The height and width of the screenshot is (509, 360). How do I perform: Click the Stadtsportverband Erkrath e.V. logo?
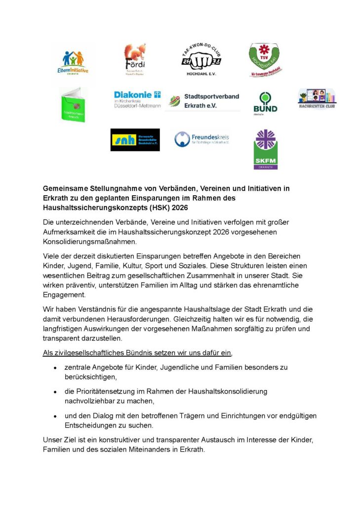click(x=202, y=100)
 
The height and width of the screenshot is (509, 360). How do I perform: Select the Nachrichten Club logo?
click(x=317, y=99)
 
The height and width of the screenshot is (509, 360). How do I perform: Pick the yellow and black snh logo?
click(x=135, y=140)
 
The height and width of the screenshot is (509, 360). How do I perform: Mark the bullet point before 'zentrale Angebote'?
click(x=56, y=368)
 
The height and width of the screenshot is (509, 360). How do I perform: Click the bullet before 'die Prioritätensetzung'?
click(x=56, y=392)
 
